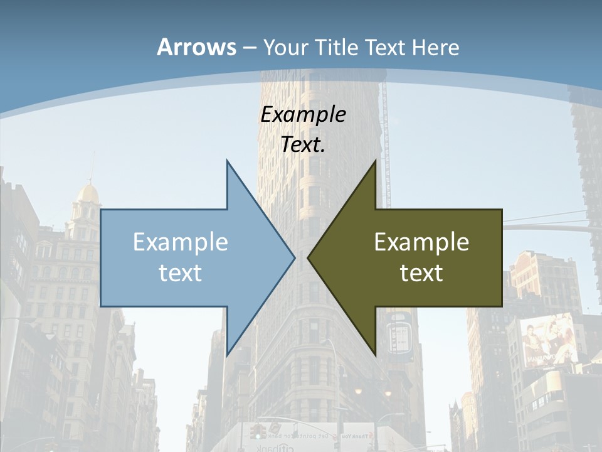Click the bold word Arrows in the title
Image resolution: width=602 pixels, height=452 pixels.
(196, 47)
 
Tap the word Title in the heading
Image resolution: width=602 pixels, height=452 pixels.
(338, 48)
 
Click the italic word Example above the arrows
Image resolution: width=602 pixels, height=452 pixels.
(303, 114)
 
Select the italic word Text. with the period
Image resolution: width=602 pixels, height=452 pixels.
(303, 144)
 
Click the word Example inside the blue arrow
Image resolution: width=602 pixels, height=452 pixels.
(181, 242)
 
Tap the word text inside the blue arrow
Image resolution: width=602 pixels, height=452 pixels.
(181, 272)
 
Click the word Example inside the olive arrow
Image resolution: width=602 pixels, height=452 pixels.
(421, 242)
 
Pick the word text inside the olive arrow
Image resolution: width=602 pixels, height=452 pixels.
(421, 272)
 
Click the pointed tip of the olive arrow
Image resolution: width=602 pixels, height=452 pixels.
(309, 257)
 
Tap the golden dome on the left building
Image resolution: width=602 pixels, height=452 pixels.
(87, 191)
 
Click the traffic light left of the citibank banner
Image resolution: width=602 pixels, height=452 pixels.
(255, 432)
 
